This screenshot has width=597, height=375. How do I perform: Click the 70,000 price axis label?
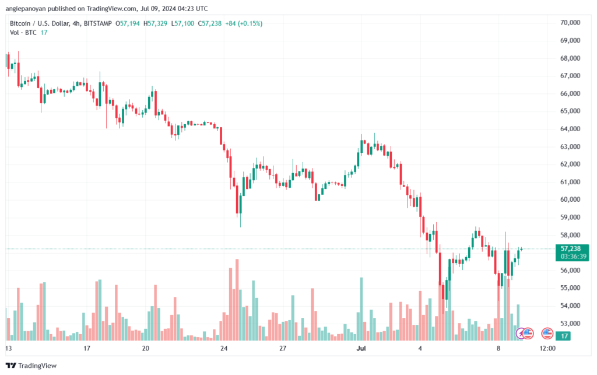tap(570, 23)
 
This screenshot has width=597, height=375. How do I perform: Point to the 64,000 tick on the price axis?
tap(570, 129)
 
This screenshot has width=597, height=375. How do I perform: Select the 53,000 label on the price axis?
tap(570, 323)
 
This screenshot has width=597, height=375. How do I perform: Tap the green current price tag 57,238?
tap(570, 248)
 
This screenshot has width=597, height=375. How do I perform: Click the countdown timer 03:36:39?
tap(574, 256)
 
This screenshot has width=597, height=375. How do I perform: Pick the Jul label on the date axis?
tap(361, 348)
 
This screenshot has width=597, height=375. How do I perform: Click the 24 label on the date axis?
tap(224, 348)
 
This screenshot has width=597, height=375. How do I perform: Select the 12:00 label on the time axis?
tap(547, 348)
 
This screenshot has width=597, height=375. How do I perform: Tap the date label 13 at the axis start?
tap(8, 348)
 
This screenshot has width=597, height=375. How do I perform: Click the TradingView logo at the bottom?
tap(31, 366)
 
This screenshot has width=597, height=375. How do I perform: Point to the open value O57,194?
tap(128, 23)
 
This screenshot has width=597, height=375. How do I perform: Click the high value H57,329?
tap(155, 23)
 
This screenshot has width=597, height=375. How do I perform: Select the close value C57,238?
tap(210, 23)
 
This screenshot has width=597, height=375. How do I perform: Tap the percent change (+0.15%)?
tap(250, 23)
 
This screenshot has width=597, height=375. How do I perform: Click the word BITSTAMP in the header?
tap(98, 23)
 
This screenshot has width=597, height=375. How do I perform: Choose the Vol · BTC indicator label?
tap(23, 32)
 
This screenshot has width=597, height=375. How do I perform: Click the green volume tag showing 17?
tap(563, 336)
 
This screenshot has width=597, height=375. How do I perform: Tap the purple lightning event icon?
tap(521, 334)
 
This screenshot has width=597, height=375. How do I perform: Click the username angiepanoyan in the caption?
tap(26, 8)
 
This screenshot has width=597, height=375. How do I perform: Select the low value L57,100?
tap(182, 23)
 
